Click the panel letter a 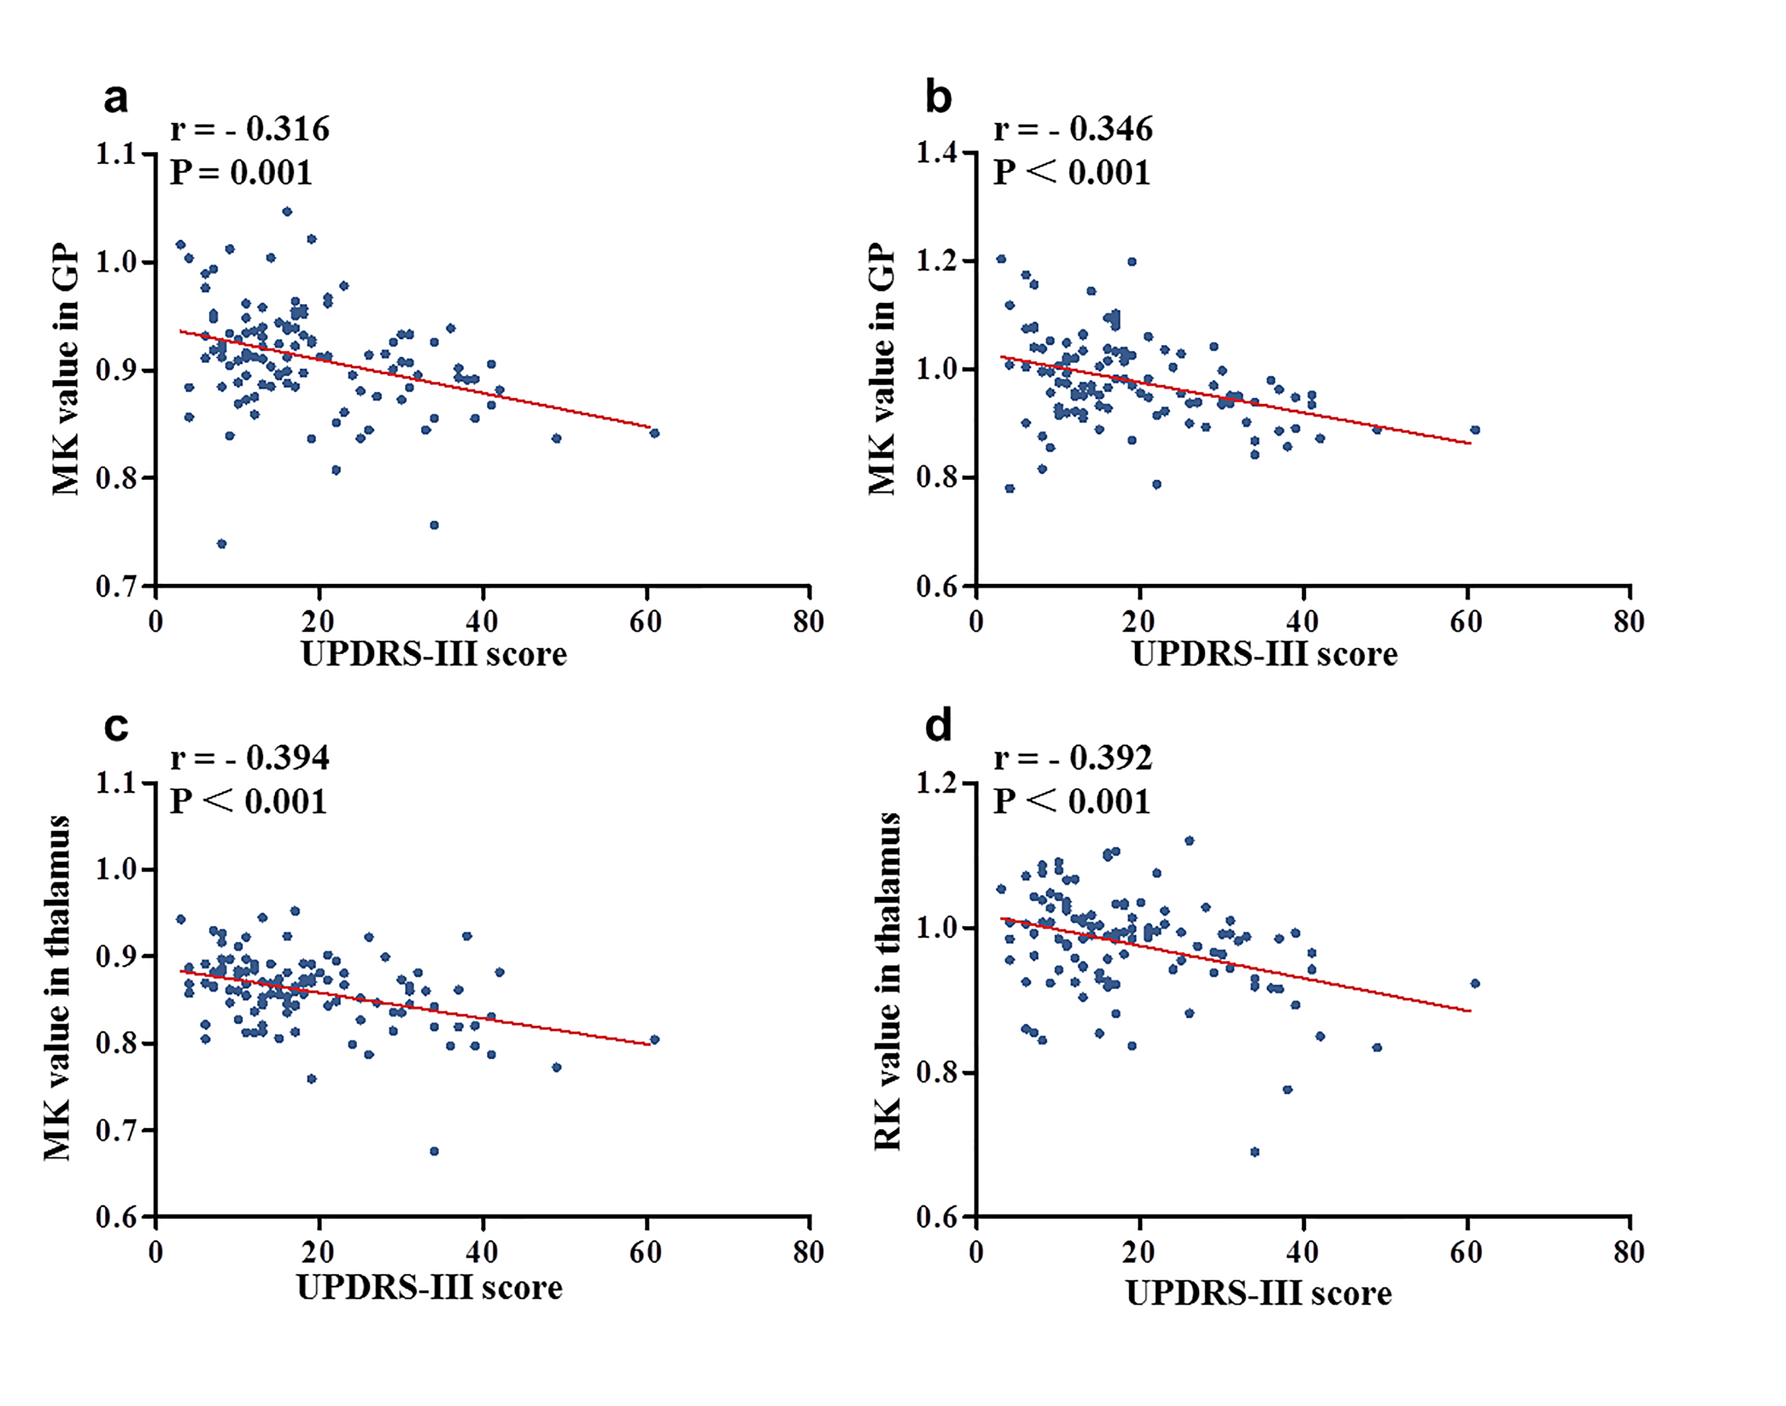point(116,98)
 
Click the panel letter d point(938,726)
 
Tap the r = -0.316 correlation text point(249,129)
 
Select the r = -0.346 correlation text point(1072,129)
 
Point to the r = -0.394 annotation point(249,757)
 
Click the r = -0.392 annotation point(1072,757)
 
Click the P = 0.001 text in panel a point(241,173)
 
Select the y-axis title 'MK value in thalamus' point(57,988)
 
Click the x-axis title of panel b point(1264,654)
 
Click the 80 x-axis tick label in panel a point(808,622)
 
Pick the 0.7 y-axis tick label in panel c point(115,1130)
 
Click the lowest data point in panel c point(434,1151)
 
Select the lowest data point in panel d point(1254,1151)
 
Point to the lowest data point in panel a point(222,543)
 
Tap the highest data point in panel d point(1188,840)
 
